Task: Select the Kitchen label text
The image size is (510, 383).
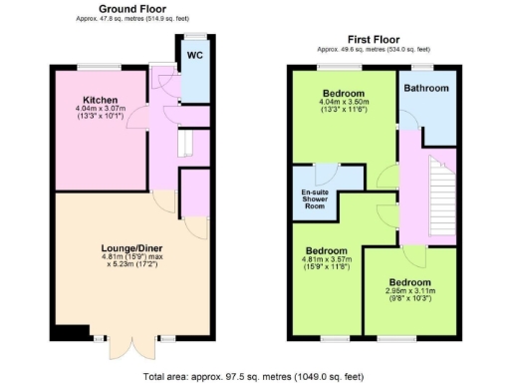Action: (x=102, y=101)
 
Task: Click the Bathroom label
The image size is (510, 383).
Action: (x=426, y=88)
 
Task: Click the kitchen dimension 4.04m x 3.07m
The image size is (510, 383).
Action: (x=102, y=112)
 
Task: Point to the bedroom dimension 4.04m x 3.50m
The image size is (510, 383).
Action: (x=343, y=105)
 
